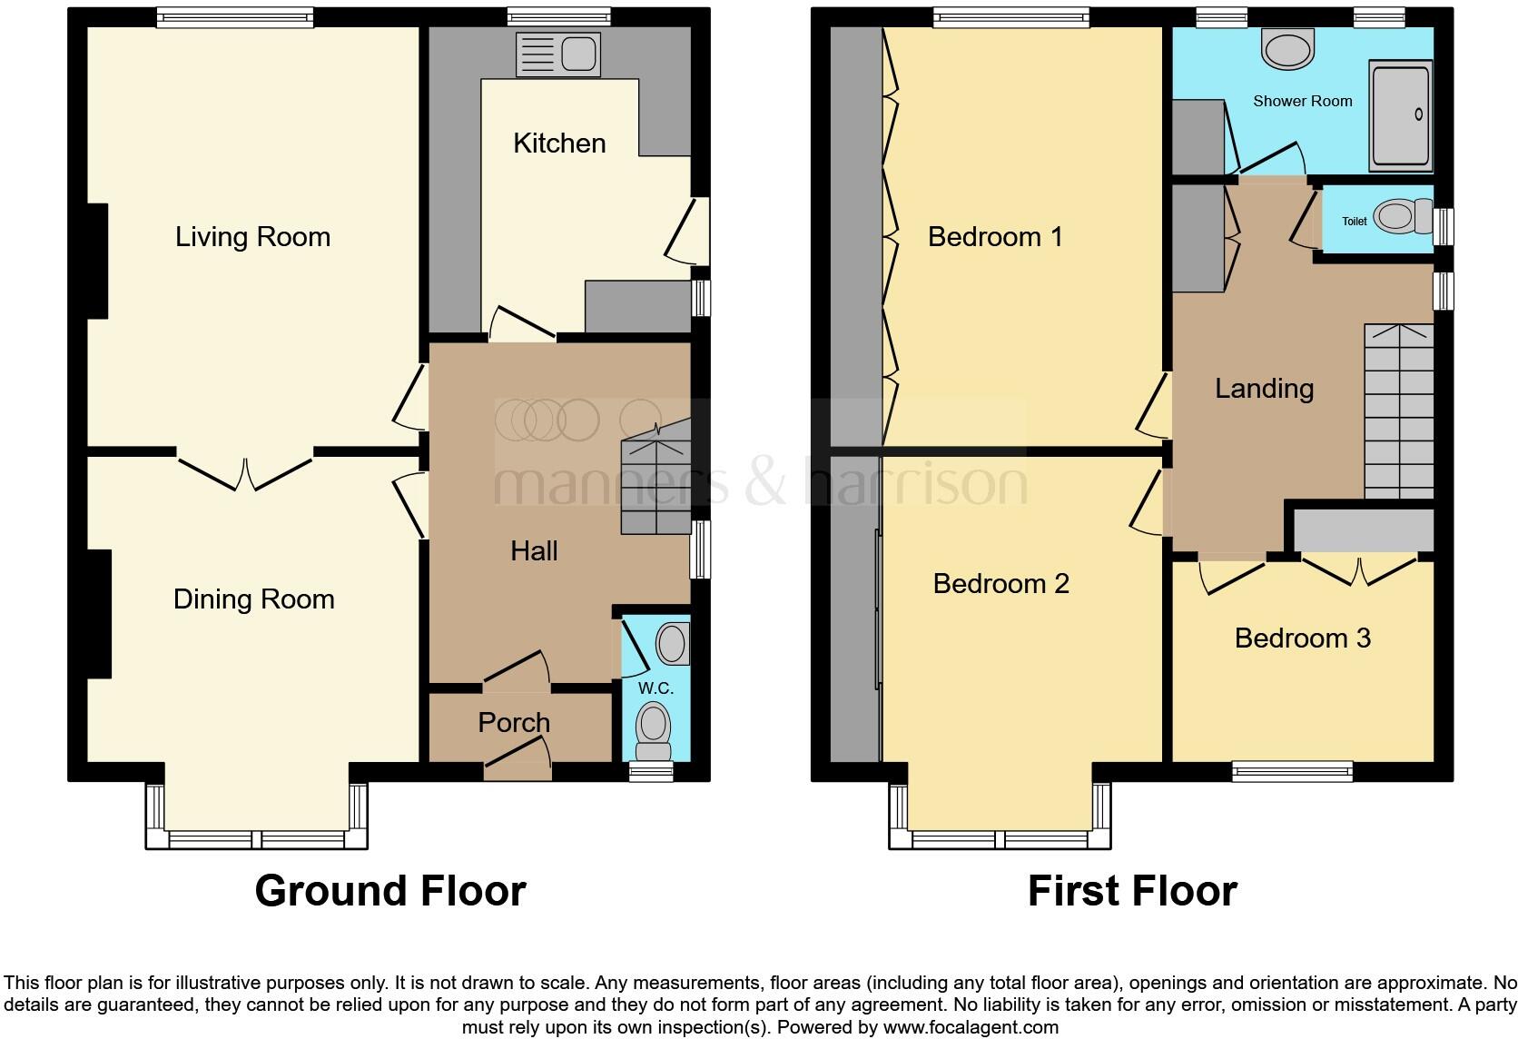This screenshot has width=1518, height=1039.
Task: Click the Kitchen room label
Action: coord(559,143)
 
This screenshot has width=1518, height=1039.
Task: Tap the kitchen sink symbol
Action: coord(557,54)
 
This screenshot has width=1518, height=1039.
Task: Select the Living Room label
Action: coord(252,237)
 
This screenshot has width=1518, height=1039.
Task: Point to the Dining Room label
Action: coord(253,599)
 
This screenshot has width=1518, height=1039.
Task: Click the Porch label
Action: coord(514,723)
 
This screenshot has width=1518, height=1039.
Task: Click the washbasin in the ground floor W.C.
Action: coord(673,643)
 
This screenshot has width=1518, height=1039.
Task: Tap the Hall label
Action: coord(534,550)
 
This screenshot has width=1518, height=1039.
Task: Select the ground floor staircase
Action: coord(655,488)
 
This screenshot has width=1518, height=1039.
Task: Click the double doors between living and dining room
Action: coord(245,472)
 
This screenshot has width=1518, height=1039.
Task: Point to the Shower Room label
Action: coord(1302,101)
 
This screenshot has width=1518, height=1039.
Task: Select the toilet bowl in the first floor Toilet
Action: coord(1395,217)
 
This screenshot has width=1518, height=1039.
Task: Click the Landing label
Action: coord(1264,389)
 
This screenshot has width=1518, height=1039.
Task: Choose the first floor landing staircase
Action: coord(1398,411)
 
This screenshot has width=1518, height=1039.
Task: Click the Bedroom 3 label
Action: coord(1302,638)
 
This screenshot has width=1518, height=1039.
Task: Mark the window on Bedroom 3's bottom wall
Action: coord(1292,771)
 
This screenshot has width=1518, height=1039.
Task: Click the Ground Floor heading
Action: coord(390,891)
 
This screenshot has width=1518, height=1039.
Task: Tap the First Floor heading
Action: coord(1132,891)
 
